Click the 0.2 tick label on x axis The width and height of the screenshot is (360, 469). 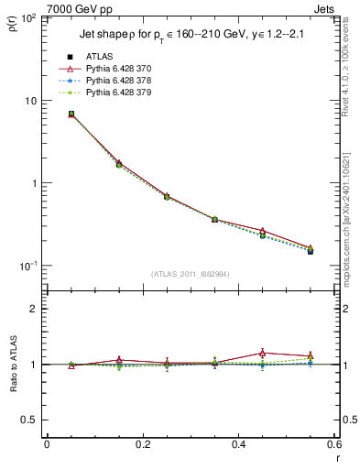[142, 444]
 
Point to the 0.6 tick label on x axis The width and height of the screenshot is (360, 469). [332, 444]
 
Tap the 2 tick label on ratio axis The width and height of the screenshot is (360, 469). [34, 309]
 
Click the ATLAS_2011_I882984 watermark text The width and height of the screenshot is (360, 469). [190, 274]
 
